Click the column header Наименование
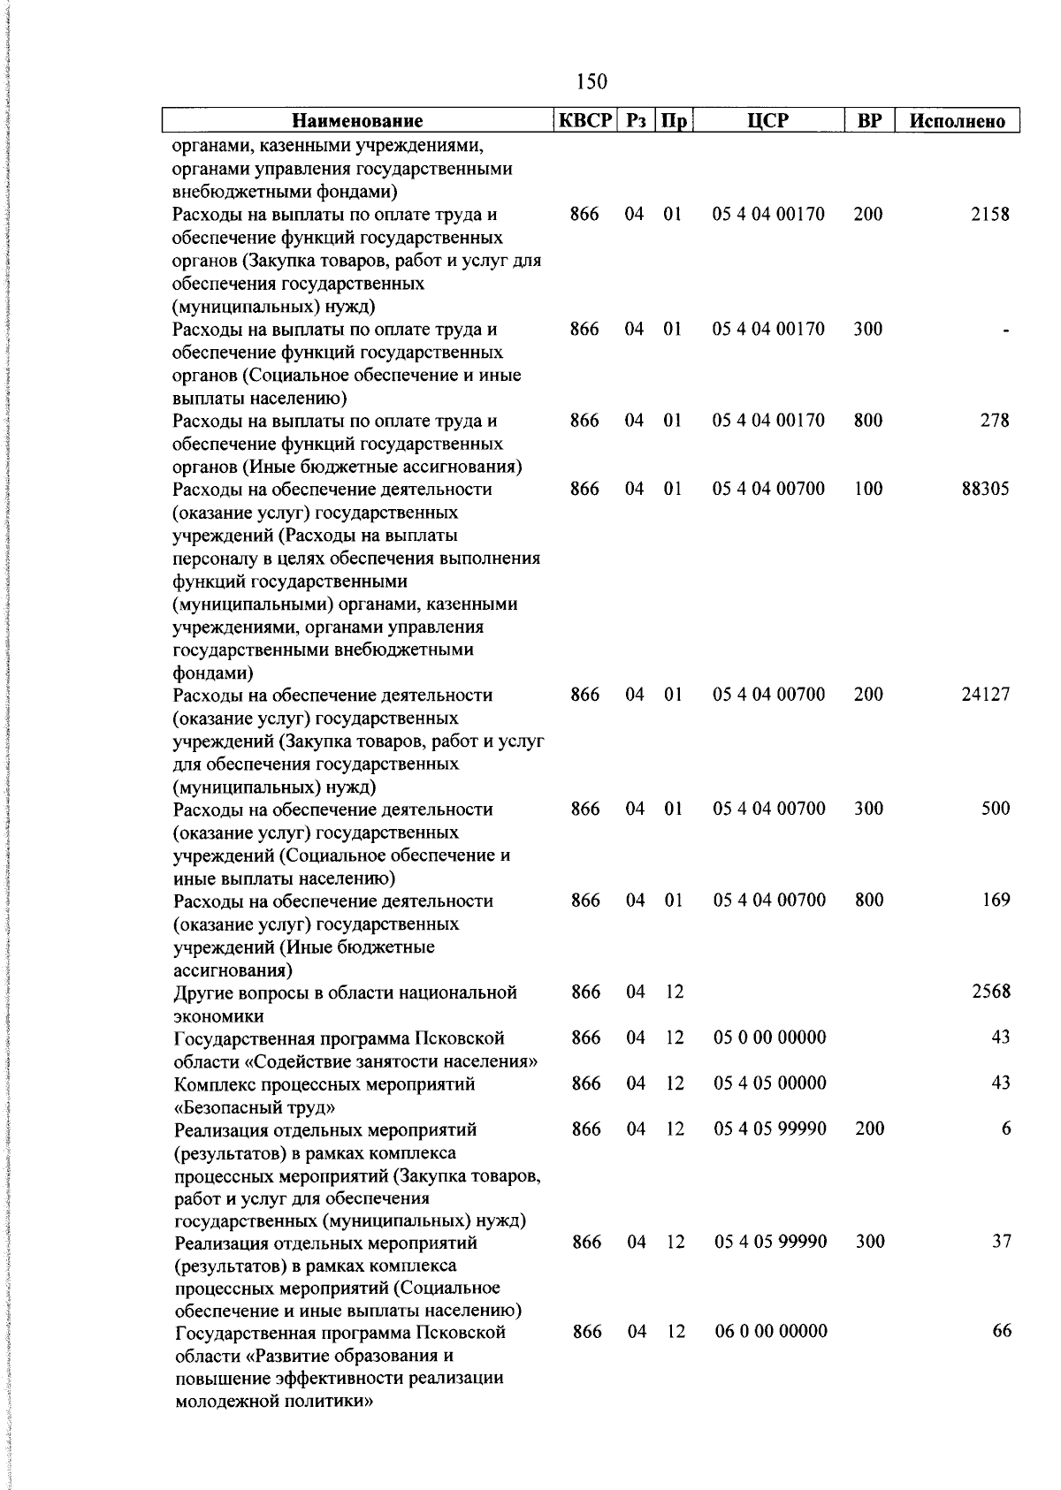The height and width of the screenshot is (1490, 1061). tap(357, 121)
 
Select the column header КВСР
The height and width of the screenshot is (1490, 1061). tap(584, 120)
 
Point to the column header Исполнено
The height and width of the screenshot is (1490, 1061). tap(958, 121)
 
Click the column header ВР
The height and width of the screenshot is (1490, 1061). tap(870, 121)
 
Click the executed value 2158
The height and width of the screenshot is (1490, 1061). tap(989, 215)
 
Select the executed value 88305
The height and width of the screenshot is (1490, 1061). tap(985, 490)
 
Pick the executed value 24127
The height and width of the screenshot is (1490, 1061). tap(985, 695)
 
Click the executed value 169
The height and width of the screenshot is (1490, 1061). tap(996, 901)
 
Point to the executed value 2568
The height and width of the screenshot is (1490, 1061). tap(990, 992)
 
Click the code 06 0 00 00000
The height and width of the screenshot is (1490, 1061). tap(770, 1332)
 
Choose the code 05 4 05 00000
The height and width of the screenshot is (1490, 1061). tap(769, 1083)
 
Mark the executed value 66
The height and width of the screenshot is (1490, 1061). tap(1001, 1332)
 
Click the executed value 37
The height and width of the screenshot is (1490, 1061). tap(1001, 1242)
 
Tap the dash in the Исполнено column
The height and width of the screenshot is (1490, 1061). tap(1005, 331)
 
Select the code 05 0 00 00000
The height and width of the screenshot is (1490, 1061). tap(769, 1038)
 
